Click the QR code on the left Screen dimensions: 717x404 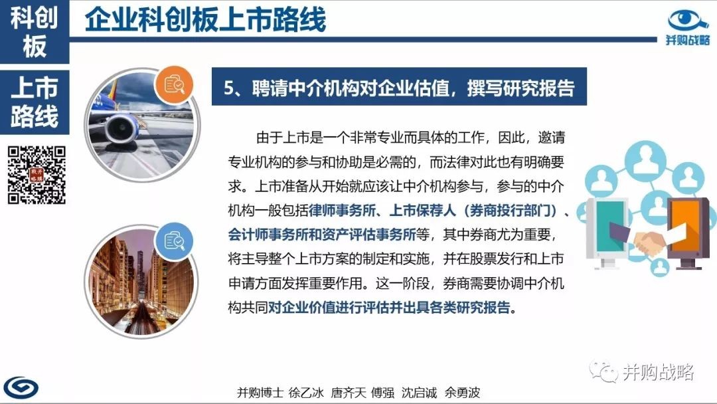(37, 175)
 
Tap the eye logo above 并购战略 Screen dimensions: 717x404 (688, 21)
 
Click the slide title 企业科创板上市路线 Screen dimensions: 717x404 (205, 19)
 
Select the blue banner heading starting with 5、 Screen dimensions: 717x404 (399, 86)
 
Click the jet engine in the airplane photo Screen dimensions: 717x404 (121, 128)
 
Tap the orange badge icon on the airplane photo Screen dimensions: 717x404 (174, 85)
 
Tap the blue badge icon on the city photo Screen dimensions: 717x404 (174, 241)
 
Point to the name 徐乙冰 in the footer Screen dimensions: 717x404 (306, 393)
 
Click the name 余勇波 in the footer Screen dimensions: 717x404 (462, 393)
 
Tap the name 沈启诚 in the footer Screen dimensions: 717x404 (419, 393)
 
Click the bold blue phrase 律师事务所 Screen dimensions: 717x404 (343, 211)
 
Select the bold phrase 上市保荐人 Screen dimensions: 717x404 (423, 211)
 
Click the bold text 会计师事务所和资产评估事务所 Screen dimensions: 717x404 (322, 235)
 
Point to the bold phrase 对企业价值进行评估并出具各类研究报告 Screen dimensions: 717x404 (389, 308)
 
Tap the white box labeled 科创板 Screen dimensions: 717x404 (35, 32)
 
